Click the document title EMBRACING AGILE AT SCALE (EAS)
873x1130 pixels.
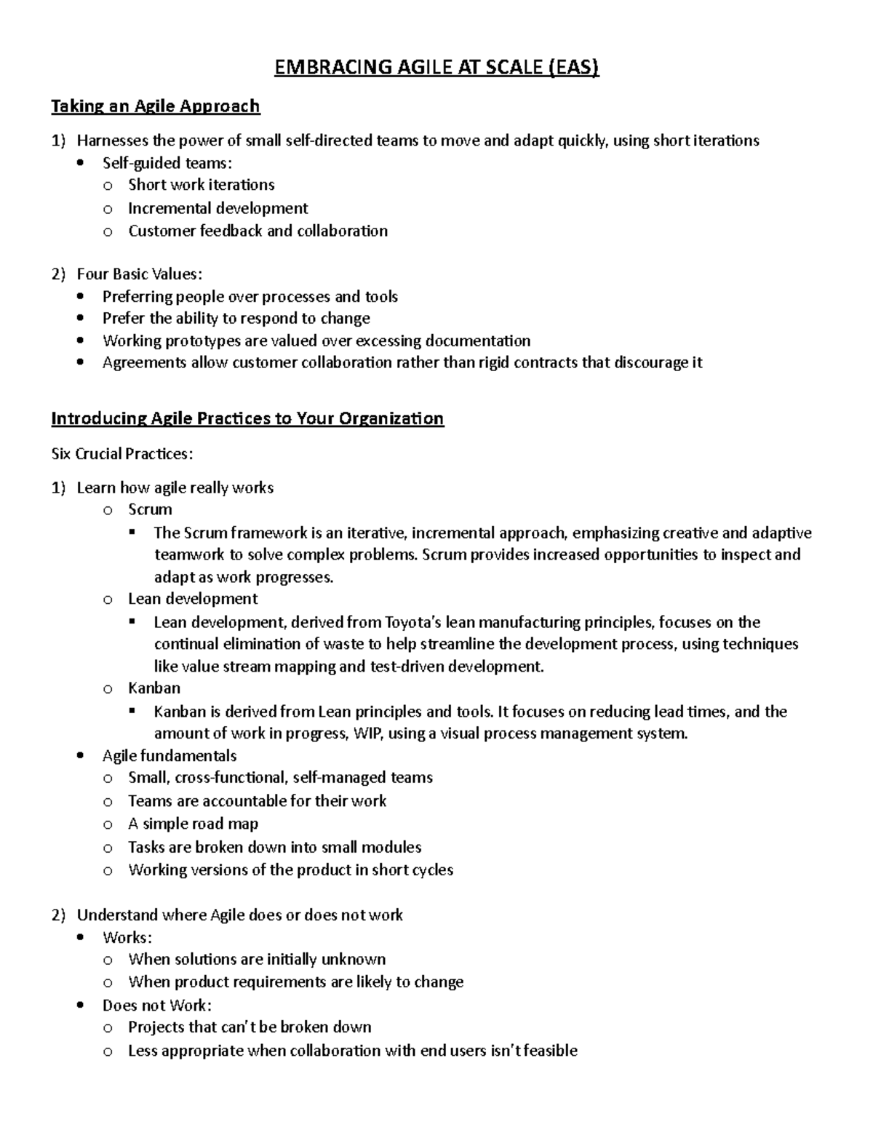click(x=436, y=68)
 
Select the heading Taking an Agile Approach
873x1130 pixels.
click(x=155, y=106)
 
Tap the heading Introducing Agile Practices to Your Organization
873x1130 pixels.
click(x=247, y=418)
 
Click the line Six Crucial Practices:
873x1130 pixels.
click(x=122, y=454)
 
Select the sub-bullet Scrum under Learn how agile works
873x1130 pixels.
click(x=150, y=509)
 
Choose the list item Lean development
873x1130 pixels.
click(x=193, y=599)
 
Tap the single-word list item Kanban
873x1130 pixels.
click(x=154, y=688)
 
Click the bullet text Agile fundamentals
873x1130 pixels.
click(x=170, y=756)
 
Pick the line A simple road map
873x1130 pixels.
click(x=193, y=824)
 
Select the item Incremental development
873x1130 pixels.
click(x=218, y=208)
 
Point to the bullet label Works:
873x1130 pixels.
click(x=127, y=937)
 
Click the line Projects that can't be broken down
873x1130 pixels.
click(x=250, y=1027)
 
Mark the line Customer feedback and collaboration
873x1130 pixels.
click(x=258, y=231)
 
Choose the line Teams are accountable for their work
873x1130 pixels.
click(x=257, y=801)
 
